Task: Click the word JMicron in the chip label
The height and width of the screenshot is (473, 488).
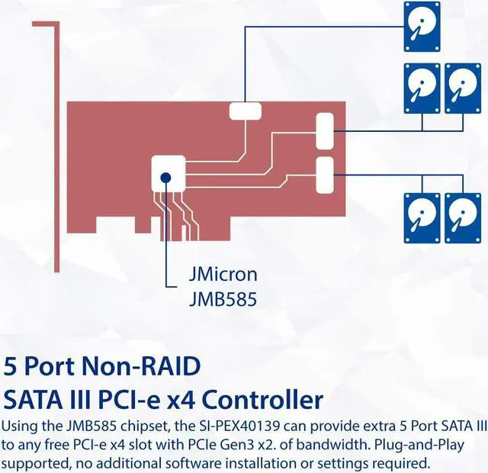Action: coord(223,275)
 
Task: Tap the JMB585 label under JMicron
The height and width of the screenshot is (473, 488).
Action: coord(223,299)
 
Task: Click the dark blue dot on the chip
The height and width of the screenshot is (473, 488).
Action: coord(166,178)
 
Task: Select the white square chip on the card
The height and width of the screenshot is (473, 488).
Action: coord(169,173)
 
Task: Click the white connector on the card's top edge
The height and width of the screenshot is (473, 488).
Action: coord(246,111)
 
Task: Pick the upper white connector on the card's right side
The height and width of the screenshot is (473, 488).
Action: coord(325,131)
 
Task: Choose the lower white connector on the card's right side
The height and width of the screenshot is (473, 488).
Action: coord(325,175)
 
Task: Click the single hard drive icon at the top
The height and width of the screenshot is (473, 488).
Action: coord(422,27)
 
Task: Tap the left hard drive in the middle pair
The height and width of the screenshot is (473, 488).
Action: coord(422,88)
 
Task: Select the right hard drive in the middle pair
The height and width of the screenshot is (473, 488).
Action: coord(463,88)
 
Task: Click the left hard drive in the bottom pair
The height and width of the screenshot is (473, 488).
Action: coord(422,218)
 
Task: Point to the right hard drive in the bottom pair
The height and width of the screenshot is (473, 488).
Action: coord(463,218)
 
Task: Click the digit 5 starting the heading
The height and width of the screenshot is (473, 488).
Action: coord(9,366)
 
